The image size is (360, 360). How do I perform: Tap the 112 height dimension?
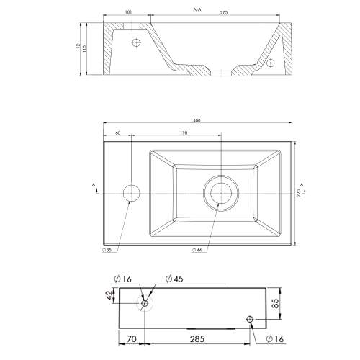pos(78,48)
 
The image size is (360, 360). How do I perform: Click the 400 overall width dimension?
pos(197,120)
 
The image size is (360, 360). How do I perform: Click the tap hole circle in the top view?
pos(131,192)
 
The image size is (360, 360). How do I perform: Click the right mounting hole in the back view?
pos(250,319)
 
